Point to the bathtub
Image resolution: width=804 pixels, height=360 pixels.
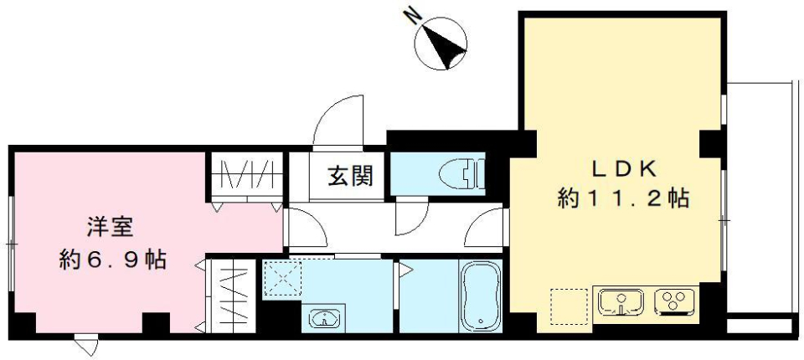tap(480, 294)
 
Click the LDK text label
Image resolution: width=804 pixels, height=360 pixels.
tap(622, 168)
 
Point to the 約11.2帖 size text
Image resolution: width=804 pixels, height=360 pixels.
tap(623, 199)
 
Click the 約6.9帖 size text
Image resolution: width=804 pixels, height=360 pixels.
tap(111, 260)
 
